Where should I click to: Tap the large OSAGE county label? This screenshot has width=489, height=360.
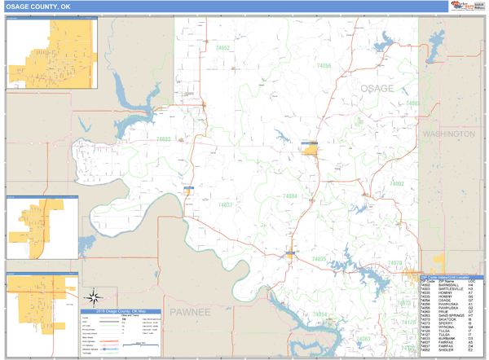(x=377, y=88)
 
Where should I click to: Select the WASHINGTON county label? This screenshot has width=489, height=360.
(x=448, y=133)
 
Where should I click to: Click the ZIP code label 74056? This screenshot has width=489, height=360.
(x=324, y=65)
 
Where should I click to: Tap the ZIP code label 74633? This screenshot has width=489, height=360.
(x=162, y=139)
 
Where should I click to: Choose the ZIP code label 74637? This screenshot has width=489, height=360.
(x=226, y=204)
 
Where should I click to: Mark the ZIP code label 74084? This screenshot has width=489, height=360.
(x=289, y=196)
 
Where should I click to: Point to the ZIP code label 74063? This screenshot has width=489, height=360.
(x=363, y=337)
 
